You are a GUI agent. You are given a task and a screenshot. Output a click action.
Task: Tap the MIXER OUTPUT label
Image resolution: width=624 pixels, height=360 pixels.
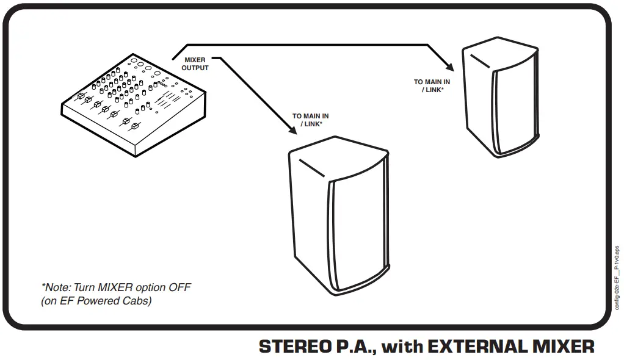click(x=195, y=64)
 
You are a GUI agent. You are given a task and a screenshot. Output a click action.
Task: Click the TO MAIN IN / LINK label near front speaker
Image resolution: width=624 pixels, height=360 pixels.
click(x=311, y=120)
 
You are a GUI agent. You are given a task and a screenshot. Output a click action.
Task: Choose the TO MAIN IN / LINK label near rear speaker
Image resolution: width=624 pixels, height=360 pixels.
click(x=432, y=85)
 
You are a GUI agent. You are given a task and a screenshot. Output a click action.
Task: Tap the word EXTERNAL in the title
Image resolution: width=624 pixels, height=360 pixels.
click(x=473, y=347)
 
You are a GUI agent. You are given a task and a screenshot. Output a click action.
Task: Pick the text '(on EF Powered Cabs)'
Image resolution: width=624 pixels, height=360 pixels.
click(x=96, y=300)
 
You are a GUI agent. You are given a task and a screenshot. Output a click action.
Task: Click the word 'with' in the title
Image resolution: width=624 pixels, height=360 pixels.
click(x=402, y=347)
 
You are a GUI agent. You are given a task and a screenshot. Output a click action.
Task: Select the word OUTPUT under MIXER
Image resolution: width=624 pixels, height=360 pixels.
click(x=195, y=68)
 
